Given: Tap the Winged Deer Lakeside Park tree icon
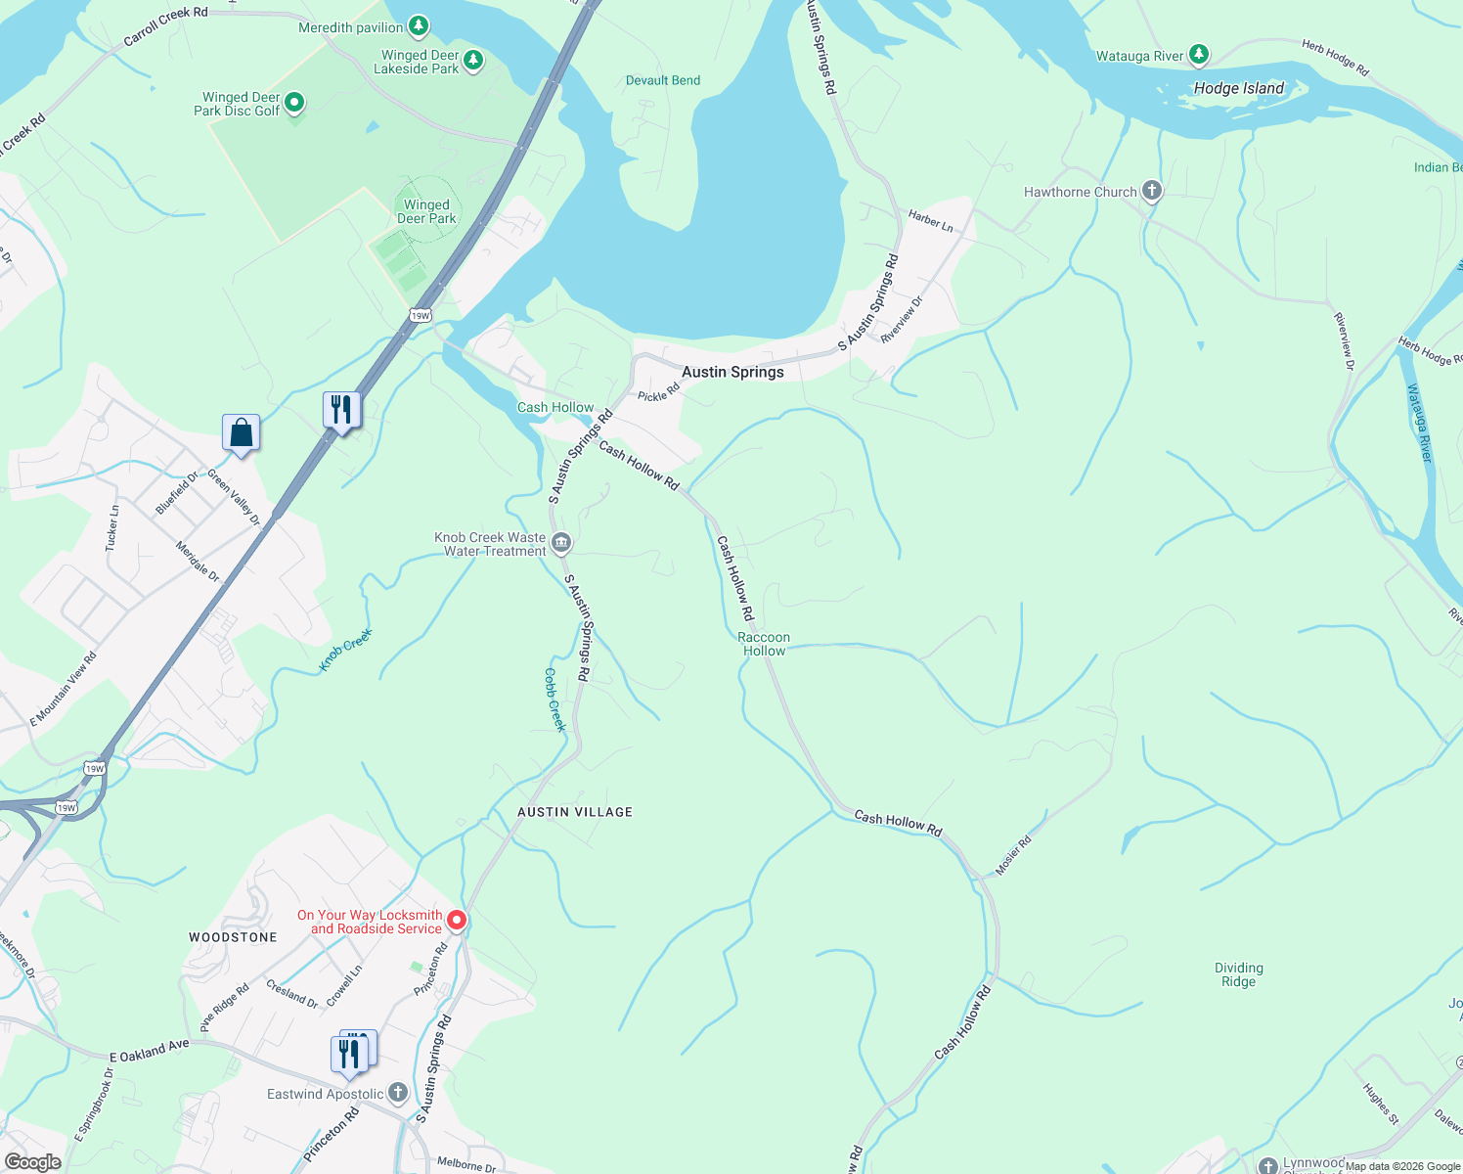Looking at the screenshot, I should pyautogui.click(x=473, y=61).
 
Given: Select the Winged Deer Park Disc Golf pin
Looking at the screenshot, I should pyautogui.click(x=293, y=103).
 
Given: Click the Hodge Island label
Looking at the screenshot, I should pyautogui.click(x=1238, y=88).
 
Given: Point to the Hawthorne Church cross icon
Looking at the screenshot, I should pyautogui.click(x=1152, y=191).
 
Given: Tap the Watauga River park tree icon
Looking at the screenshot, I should pyautogui.click(x=1199, y=55).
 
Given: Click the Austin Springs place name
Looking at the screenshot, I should pyautogui.click(x=732, y=372).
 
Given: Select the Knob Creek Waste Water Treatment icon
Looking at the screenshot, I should pyautogui.click(x=561, y=543).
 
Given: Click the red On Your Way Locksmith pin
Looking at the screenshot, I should pyautogui.click(x=457, y=921).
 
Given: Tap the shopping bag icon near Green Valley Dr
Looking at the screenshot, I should pyautogui.click(x=241, y=433).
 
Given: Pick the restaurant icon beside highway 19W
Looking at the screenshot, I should pyautogui.click(x=341, y=410).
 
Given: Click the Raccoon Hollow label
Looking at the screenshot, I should pyautogui.click(x=764, y=644).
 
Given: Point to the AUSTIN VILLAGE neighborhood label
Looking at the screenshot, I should pyautogui.click(x=575, y=812).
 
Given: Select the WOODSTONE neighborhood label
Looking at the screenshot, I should pyautogui.click(x=233, y=937).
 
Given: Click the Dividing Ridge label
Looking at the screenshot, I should pyautogui.click(x=1238, y=974).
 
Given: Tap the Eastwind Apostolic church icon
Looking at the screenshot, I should pyautogui.click(x=397, y=1092).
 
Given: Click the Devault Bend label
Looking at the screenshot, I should pyautogui.click(x=663, y=80).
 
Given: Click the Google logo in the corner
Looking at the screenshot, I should pyautogui.click(x=32, y=1161).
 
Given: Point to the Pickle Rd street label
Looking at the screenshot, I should pyautogui.click(x=658, y=392).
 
